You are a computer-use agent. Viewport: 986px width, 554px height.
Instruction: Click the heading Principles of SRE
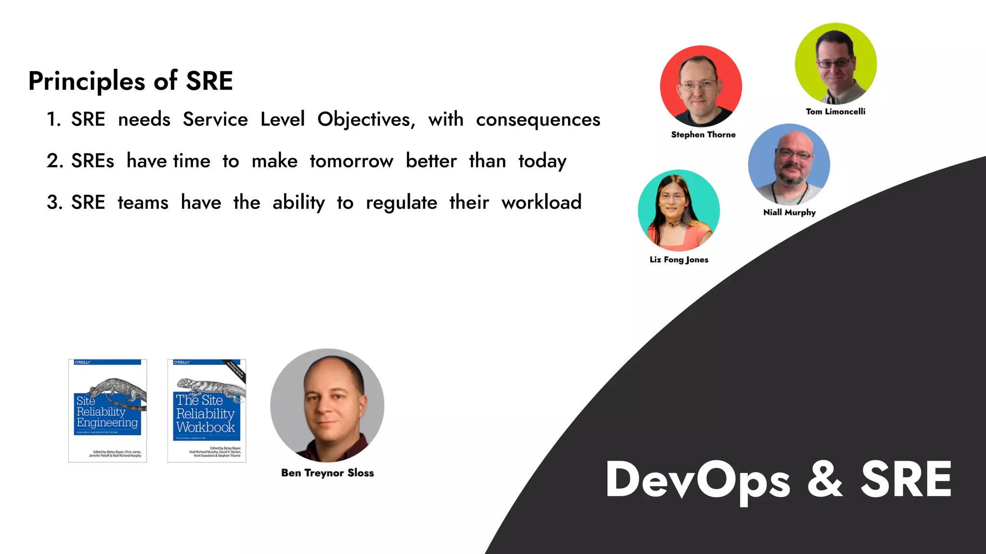click(x=130, y=81)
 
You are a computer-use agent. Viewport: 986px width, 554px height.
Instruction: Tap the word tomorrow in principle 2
click(x=351, y=161)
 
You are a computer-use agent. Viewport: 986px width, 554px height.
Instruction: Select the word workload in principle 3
click(x=541, y=202)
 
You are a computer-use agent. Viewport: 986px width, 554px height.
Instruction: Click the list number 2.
click(x=54, y=161)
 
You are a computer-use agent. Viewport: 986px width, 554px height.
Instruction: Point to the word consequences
click(x=538, y=120)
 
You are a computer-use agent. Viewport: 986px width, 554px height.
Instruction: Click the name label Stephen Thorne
click(x=703, y=135)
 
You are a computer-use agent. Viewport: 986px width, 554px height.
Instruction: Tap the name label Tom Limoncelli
click(x=835, y=112)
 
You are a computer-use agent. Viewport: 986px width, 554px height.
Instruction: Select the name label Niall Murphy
click(x=789, y=213)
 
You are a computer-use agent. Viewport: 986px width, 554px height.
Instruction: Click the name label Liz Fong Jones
click(x=679, y=260)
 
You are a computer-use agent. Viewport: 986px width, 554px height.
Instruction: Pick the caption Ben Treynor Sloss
click(x=327, y=473)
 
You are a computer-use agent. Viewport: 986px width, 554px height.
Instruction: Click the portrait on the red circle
click(x=701, y=87)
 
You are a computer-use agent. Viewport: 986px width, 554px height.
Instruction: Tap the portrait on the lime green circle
click(x=835, y=63)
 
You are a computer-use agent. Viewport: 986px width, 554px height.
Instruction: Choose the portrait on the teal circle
click(x=678, y=210)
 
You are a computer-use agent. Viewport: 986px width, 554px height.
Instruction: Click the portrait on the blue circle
click(x=789, y=164)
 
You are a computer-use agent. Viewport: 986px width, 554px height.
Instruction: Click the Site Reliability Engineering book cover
click(x=107, y=411)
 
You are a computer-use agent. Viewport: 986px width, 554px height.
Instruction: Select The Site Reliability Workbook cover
click(x=207, y=411)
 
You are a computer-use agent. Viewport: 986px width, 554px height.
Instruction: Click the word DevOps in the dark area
click(x=698, y=479)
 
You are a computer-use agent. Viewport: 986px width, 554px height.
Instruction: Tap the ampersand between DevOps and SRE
click(x=825, y=479)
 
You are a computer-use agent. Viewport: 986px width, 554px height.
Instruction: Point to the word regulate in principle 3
click(x=401, y=202)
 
